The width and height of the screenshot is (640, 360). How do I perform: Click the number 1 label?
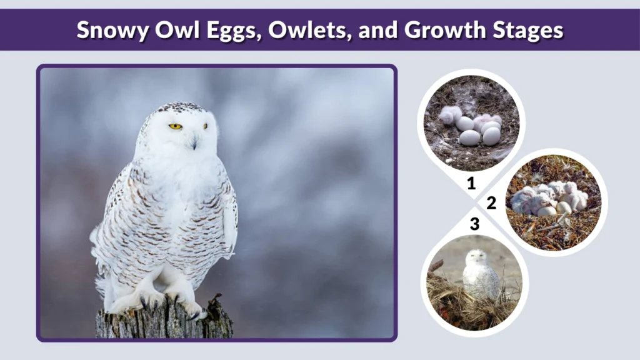click(x=471, y=184)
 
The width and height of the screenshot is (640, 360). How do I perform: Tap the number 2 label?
click(x=491, y=202)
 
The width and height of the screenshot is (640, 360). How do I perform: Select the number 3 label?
click(x=475, y=224)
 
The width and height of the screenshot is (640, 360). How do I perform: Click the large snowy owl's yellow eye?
click(x=175, y=126)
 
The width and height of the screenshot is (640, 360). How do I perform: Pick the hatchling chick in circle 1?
click(x=450, y=115)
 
